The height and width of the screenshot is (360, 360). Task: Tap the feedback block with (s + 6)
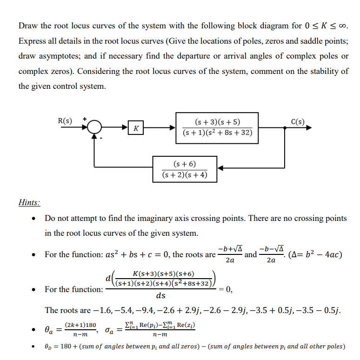tap(184, 169)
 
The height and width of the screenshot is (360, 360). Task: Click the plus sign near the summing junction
tap(85, 119)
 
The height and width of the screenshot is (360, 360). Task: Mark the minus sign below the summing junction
tap(100, 139)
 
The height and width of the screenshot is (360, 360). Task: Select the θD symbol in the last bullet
tap(49, 347)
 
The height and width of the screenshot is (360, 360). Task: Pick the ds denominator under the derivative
tap(160, 296)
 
